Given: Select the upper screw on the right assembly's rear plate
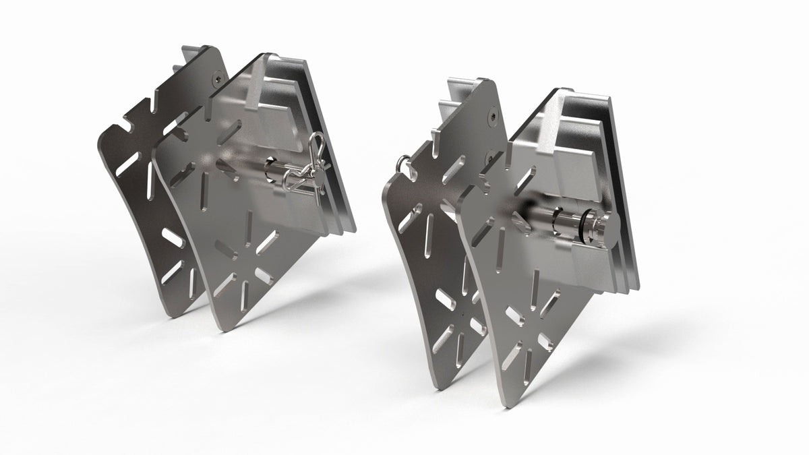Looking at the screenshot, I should coord(496,117).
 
